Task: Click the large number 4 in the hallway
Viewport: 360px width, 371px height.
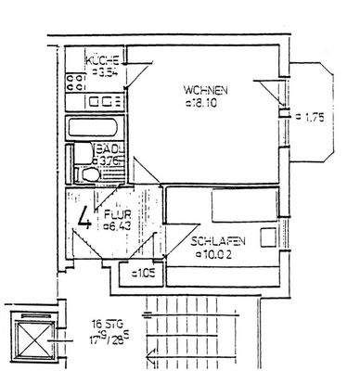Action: tap(84, 221)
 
